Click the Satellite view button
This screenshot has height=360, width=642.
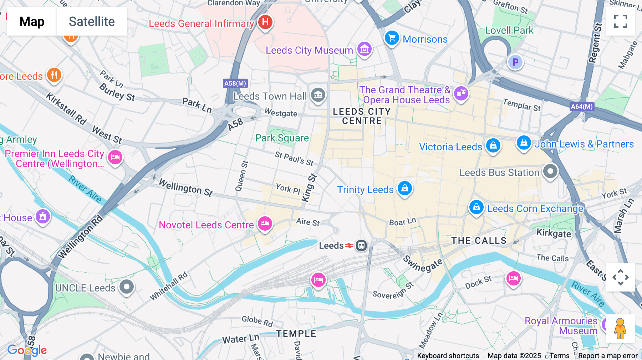pos(92,22)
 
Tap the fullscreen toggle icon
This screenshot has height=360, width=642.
pos(620,21)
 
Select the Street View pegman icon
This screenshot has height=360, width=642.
pos(620,329)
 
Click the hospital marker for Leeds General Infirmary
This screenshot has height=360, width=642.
pos(265,22)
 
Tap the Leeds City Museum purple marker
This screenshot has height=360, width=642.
pos(364,49)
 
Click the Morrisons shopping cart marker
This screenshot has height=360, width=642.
pos(392,38)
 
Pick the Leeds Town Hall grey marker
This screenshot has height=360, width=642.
pos(318,95)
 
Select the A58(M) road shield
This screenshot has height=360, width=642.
pos(235,83)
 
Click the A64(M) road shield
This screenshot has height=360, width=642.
pos(582,106)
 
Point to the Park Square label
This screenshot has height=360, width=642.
pos(282,138)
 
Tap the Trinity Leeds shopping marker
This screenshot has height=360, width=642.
pos(405,188)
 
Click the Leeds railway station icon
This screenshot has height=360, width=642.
pos(361,246)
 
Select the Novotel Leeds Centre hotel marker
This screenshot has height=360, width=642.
pos(265,224)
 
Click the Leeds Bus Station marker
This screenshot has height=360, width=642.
pos(550,171)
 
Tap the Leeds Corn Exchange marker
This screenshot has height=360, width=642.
pos(476,207)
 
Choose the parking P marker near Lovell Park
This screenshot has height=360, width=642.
pos(515,62)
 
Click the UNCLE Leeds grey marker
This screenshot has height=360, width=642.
pos(127,287)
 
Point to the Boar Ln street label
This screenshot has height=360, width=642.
pos(402,222)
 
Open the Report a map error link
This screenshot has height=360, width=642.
pos(608,356)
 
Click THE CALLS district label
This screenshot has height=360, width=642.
pos(479,241)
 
